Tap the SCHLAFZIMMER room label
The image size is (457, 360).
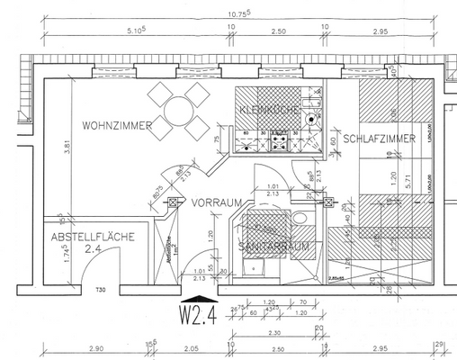(x=379, y=139)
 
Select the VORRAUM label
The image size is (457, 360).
(x=211, y=204)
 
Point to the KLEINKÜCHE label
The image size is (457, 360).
(x=268, y=110)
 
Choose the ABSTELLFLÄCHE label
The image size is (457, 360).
(x=93, y=237)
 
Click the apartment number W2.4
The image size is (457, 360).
(x=197, y=316)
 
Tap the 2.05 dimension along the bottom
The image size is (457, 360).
(x=190, y=346)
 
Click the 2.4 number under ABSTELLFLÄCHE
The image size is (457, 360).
(x=93, y=251)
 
